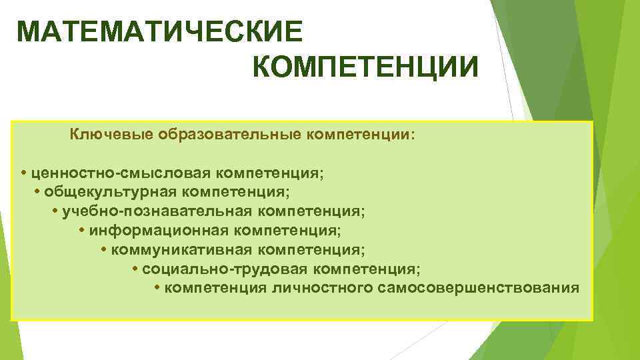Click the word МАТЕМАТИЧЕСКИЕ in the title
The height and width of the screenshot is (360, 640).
160,31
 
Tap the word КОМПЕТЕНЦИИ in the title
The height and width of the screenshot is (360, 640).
365,67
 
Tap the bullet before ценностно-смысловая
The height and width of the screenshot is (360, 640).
23,173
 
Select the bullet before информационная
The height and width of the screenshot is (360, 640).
81,231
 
